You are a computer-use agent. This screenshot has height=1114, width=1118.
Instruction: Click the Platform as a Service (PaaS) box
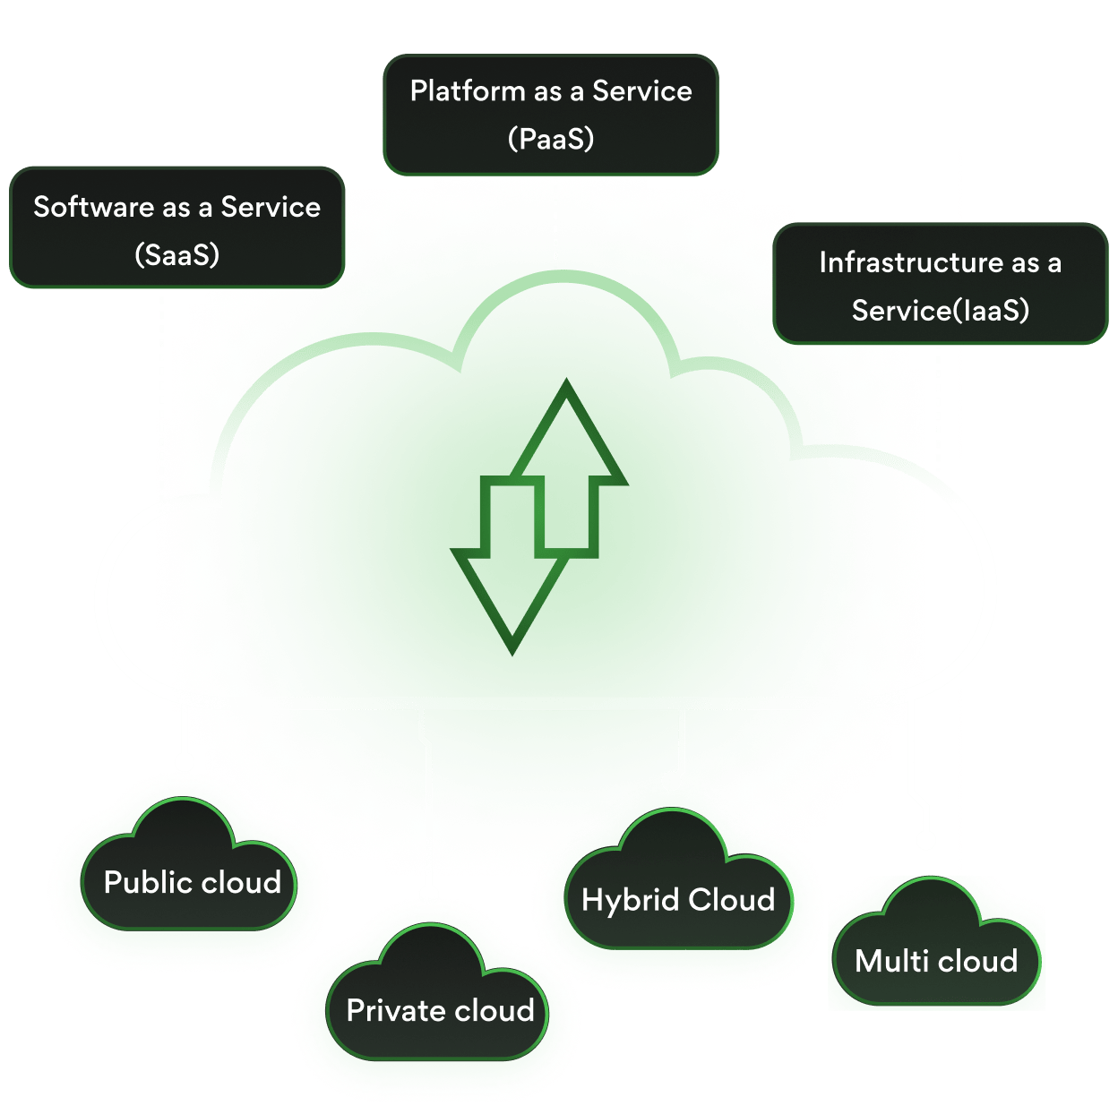[550, 115]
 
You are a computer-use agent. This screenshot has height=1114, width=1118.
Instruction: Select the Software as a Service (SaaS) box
[176, 228]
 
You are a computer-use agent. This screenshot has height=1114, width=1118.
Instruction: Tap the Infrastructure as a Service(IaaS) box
[940, 285]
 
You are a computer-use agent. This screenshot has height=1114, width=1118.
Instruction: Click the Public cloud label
[192, 883]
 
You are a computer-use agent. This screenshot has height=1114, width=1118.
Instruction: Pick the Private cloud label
[440, 1011]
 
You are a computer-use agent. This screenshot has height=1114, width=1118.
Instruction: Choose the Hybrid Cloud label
[678, 900]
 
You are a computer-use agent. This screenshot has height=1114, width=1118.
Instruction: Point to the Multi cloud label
[936, 962]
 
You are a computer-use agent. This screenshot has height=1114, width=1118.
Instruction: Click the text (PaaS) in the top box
[550, 139]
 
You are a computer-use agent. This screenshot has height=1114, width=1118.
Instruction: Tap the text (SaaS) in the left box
[176, 255]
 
